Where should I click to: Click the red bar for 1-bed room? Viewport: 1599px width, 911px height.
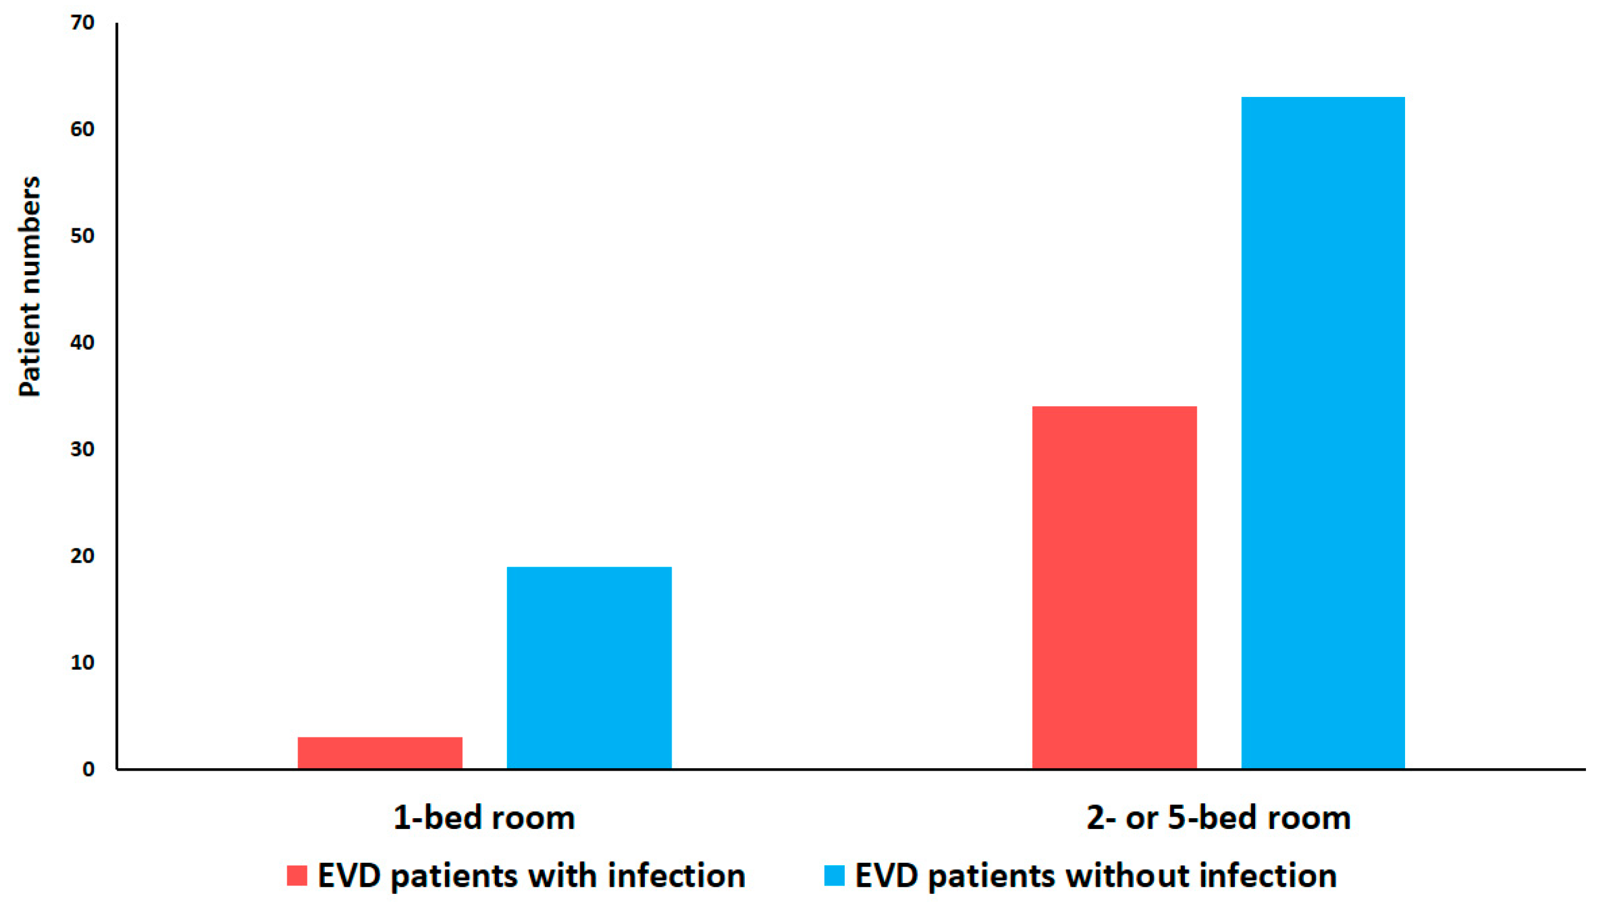[x=380, y=753]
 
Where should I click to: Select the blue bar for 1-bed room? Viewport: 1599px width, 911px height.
[x=589, y=668]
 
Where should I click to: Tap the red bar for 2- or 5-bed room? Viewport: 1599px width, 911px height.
[x=1114, y=588]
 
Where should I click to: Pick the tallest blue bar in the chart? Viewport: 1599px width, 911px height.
[x=1323, y=432]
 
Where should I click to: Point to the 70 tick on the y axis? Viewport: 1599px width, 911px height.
[x=82, y=23]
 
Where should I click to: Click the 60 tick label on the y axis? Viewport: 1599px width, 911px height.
[x=82, y=130]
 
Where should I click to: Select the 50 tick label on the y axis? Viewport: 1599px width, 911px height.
[x=82, y=237]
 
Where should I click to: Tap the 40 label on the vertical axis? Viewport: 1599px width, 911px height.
[x=82, y=343]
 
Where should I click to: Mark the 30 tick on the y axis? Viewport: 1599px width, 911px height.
[x=82, y=449]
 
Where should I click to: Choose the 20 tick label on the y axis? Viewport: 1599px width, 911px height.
[x=82, y=555]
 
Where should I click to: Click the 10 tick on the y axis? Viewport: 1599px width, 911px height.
[x=82, y=662]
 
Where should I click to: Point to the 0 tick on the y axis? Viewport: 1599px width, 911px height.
[x=88, y=769]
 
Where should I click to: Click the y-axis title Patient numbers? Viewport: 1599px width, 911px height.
[x=29, y=287]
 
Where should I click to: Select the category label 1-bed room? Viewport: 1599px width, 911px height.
[x=484, y=818]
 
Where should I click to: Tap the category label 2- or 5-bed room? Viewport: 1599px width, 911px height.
[x=1218, y=818]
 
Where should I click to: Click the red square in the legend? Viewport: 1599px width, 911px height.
[x=297, y=875]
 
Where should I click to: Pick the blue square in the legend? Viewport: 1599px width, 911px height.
[x=834, y=875]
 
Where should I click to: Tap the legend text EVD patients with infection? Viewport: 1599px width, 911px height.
[x=531, y=875]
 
